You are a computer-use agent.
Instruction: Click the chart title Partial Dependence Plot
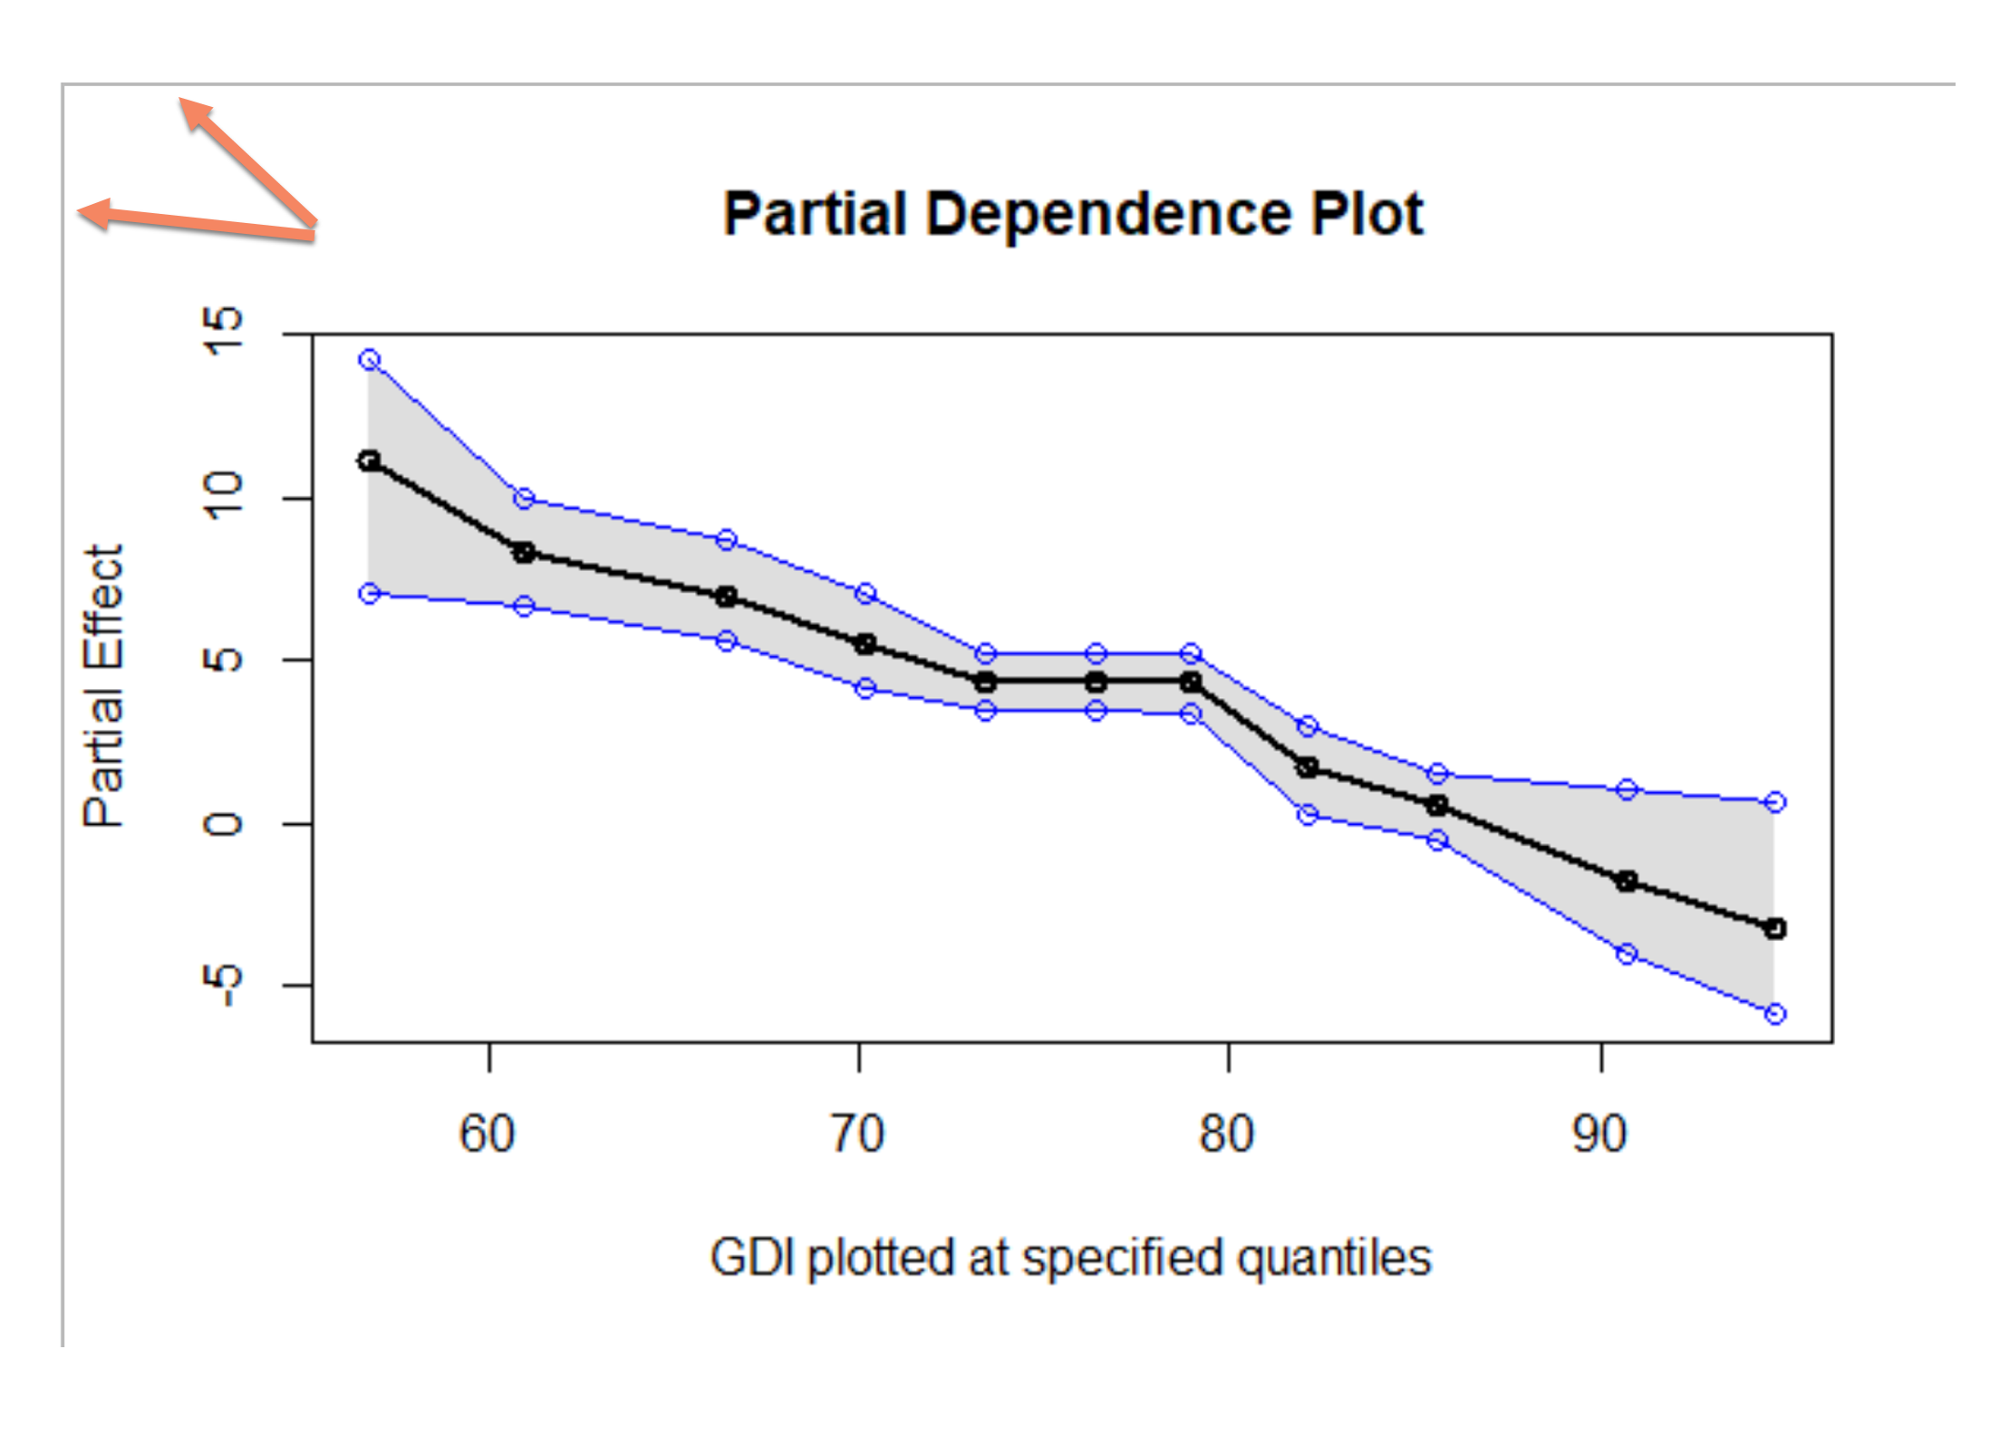[1073, 214]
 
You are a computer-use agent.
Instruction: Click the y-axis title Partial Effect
[103, 686]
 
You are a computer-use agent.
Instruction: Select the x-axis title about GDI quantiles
[1070, 1257]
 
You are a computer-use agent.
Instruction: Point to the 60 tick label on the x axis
[488, 1134]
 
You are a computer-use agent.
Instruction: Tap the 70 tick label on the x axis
[858, 1134]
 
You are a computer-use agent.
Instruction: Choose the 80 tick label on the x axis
[1227, 1134]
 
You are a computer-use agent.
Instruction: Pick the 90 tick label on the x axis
[1599, 1134]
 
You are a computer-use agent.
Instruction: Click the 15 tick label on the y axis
[223, 332]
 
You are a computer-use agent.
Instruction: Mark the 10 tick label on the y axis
[223, 496]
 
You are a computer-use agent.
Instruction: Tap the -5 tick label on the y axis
[223, 984]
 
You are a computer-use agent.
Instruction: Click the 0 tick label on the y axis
[223, 823]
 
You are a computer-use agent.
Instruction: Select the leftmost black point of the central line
[369, 461]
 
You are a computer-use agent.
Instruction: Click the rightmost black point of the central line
[1775, 928]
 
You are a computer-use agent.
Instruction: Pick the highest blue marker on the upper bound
[369, 360]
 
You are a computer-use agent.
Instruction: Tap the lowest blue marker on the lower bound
[1775, 1014]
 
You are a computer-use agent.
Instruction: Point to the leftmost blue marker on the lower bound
[369, 593]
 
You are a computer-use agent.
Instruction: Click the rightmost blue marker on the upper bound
[1775, 802]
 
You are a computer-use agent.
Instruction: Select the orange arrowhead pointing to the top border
[194, 112]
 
